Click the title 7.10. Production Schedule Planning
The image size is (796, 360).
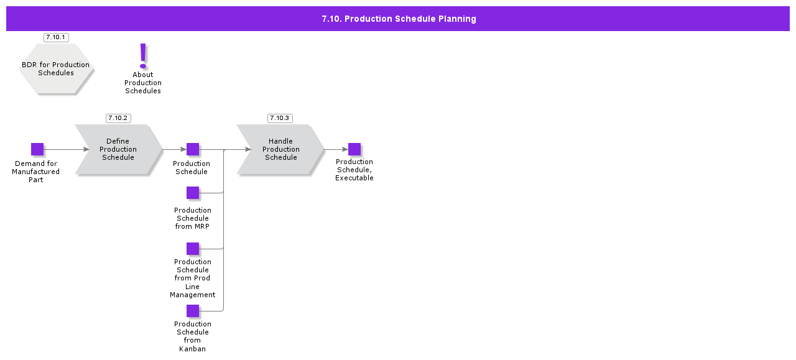tap(399, 19)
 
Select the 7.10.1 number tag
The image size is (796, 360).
tap(56, 37)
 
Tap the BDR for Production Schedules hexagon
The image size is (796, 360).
tap(56, 69)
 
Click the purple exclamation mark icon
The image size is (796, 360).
tap(143, 55)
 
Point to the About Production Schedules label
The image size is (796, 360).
tap(143, 83)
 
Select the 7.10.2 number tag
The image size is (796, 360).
tap(118, 118)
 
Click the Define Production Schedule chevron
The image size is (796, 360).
tap(118, 149)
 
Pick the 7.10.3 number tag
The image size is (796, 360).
tap(280, 118)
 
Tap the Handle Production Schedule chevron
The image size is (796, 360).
tap(280, 149)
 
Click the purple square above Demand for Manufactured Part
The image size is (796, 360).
tap(37, 149)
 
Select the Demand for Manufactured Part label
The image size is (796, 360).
tap(36, 172)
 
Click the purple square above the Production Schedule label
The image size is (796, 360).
tap(193, 149)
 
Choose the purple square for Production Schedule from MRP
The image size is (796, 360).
tap(193, 193)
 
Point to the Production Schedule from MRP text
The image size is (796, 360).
tap(192, 218)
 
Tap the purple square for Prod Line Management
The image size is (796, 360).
tap(193, 249)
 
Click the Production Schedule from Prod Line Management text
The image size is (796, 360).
tap(192, 278)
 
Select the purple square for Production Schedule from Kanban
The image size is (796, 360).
tap(193, 311)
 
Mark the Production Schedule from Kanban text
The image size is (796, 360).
tap(192, 336)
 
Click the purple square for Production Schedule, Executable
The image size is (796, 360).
tap(354, 149)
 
